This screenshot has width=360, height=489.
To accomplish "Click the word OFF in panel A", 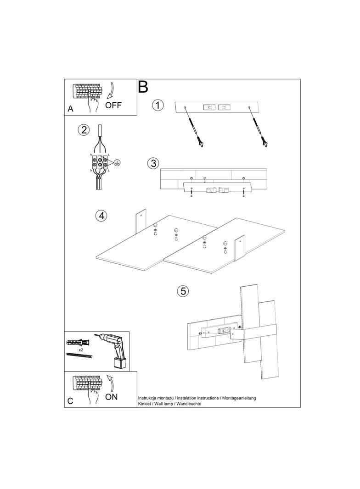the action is click(x=113, y=105).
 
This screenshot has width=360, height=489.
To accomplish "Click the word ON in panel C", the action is click(x=112, y=397).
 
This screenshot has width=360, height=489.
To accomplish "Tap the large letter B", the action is click(x=143, y=87).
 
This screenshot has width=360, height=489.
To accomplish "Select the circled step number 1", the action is click(x=158, y=105).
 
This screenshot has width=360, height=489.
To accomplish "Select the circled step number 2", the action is click(x=84, y=130).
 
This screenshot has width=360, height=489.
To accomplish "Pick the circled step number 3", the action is click(x=153, y=163).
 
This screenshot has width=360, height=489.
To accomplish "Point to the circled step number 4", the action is click(x=101, y=215).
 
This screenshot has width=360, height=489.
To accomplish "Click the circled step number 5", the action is click(x=183, y=291).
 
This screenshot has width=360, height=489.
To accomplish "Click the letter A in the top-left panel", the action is click(x=71, y=109).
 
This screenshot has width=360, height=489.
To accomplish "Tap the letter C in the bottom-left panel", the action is click(x=70, y=401).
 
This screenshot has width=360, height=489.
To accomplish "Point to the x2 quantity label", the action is click(x=81, y=350).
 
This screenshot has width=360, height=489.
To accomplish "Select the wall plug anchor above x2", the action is click(x=78, y=342).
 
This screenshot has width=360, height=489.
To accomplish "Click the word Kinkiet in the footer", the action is click(x=144, y=404).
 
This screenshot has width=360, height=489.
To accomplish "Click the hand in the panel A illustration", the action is click(x=92, y=102).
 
